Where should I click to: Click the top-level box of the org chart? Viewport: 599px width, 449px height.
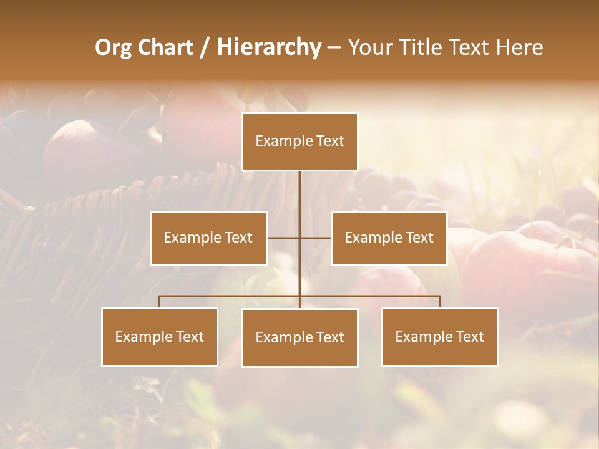(x=299, y=142)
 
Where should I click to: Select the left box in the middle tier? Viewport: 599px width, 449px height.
(x=208, y=238)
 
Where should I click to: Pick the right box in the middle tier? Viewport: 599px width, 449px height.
(x=389, y=238)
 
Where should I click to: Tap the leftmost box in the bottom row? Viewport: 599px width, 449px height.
(x=160, y=337)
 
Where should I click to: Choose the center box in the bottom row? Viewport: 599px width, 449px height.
(x=299, y=337)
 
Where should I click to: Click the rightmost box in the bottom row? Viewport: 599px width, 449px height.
(x=440, y=337)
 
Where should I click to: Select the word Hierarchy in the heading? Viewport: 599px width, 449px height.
(x=268, y=48)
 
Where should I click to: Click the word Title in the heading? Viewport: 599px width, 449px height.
(x=425, y=48)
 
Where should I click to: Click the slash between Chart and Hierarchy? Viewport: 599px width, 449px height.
(x=205, y=48)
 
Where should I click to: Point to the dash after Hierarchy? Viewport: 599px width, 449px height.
(x=334, y=48)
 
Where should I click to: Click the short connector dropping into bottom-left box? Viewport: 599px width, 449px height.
(x=160, y=302)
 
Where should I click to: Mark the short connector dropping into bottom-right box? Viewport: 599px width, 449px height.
(x=440, y=302)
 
